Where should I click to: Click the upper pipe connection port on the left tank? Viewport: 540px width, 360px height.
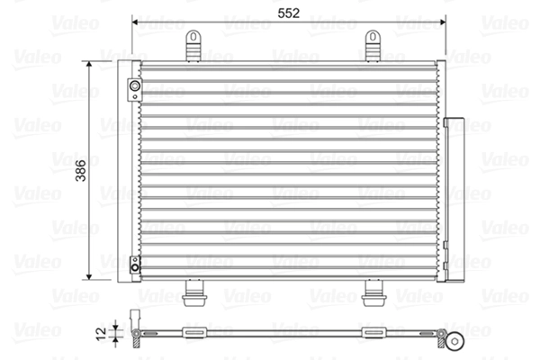[134, 87]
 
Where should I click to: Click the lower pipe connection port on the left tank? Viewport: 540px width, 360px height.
[134, 264]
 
